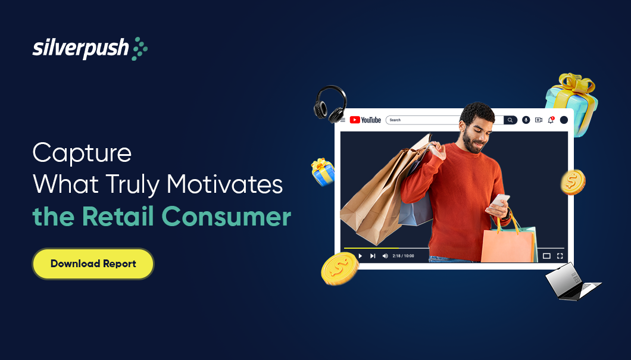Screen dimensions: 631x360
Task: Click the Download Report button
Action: click(93, 264)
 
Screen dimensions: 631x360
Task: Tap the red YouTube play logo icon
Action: click(355, 120)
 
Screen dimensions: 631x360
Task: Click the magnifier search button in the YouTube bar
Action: click(510, 120)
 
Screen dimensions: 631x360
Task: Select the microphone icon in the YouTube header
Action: click(526, 120)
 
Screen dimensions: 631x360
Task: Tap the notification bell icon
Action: click(551, 120)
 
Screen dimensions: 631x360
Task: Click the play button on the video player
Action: click(360, 256)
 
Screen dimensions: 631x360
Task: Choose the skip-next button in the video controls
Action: click(373, 256)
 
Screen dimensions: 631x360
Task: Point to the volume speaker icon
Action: click(385, 256)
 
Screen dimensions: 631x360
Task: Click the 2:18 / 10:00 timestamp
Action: click(403, 256)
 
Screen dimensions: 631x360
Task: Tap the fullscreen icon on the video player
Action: click(560, 256)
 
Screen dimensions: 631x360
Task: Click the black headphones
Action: click(330, 104)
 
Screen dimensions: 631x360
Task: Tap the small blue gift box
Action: click(323, 172)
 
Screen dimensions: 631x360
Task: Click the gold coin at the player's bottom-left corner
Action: click(340, 269)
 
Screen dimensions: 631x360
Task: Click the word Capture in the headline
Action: click(82, 154)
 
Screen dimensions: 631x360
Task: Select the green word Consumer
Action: click(226, 217)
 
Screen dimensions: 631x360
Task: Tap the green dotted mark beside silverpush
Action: click(140, 49)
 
